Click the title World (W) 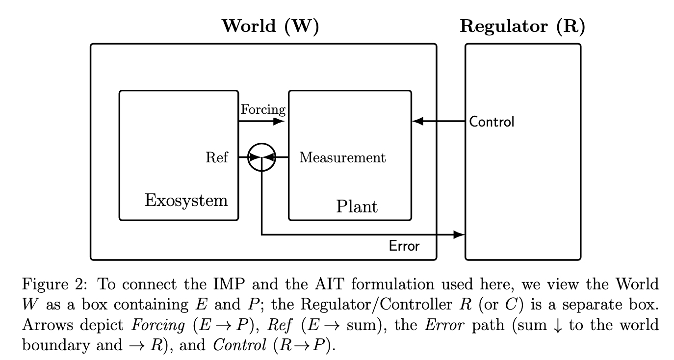coord(270,26)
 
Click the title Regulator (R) coord(522,26)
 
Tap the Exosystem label coord(186,200)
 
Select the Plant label coord(357,206)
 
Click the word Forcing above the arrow coord(263,109)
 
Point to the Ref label coord(217,157)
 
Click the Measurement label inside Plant coord(342,157)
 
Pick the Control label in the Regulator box coord(492,122)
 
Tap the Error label coord(404,246)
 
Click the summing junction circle coord(262,157)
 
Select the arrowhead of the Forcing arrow coord(279,121)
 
